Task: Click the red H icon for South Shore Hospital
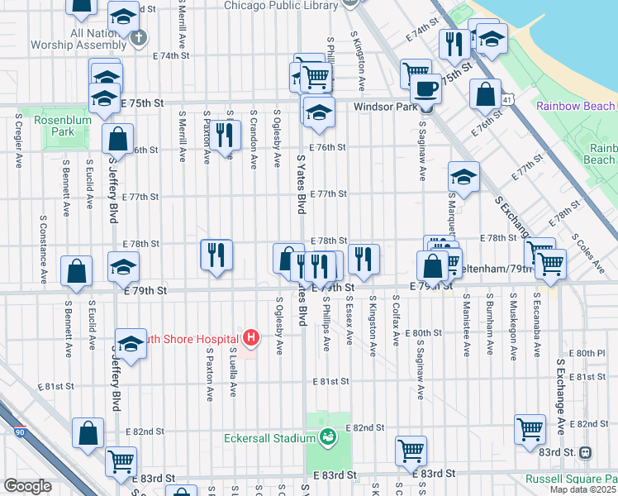(252, 338)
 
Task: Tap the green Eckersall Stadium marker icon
(328, 436)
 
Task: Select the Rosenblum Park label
(56, 126)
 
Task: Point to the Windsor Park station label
(383, 107)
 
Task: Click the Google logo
(27, 486)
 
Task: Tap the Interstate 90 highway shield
(19, 431)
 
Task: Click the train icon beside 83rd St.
(586, 452)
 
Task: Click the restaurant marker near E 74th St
(454, 45)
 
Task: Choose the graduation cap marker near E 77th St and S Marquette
(463, 176)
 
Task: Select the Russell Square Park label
(571, 479)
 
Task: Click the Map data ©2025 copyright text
(583, 489)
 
